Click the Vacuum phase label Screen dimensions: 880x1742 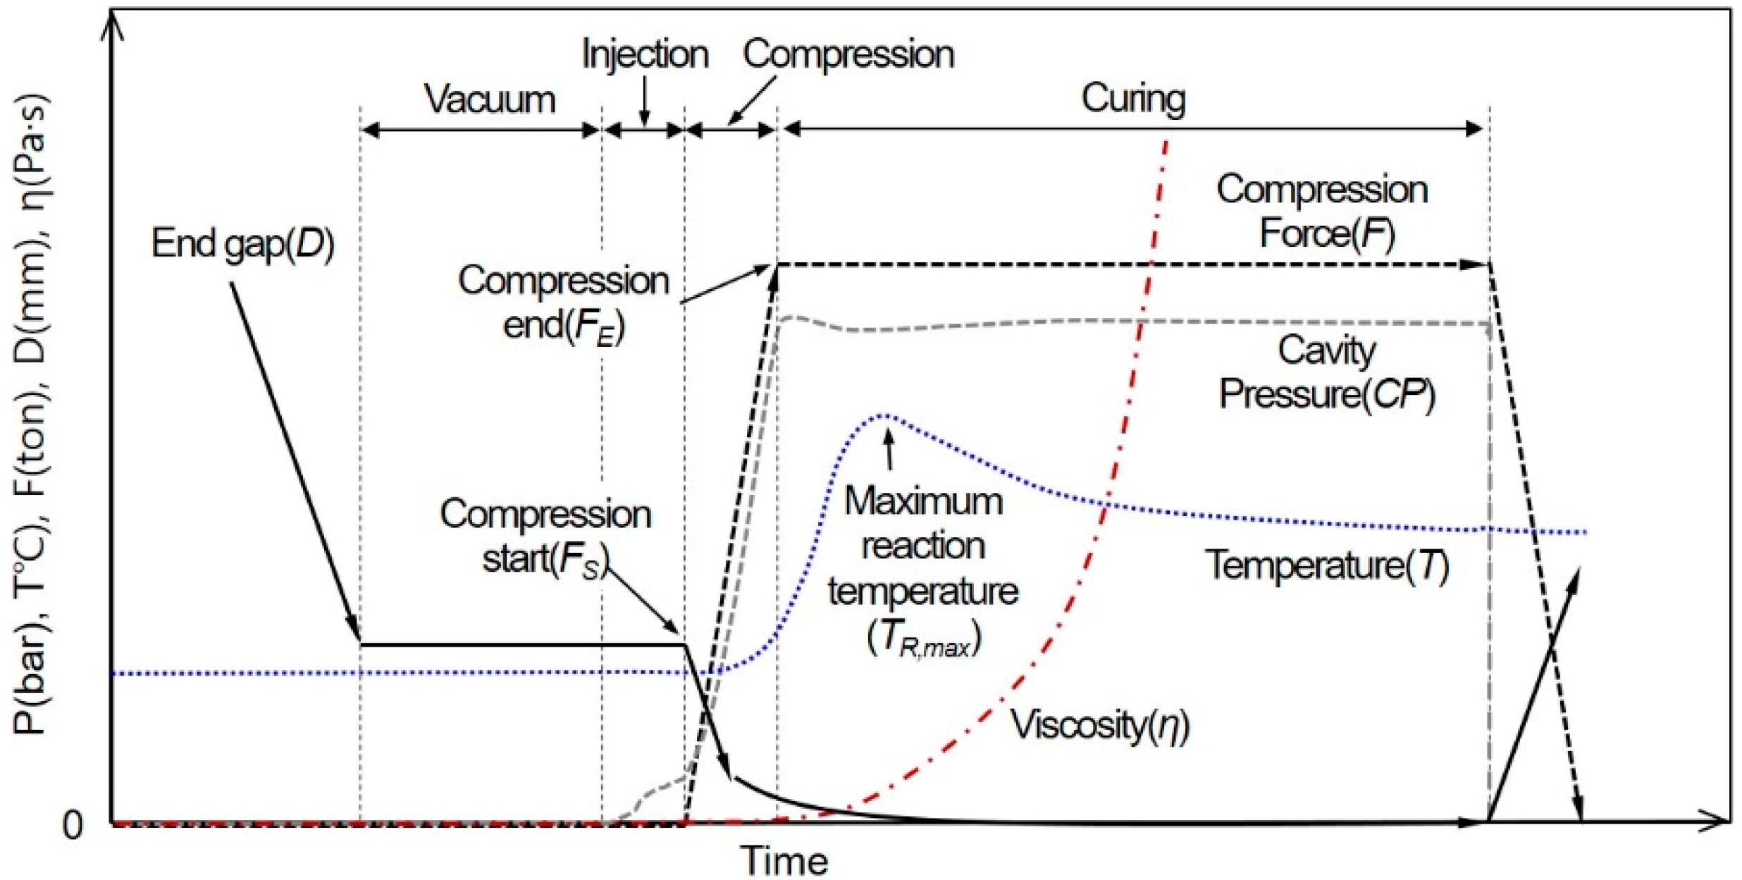(x=490, y=99)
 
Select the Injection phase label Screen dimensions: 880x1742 (x=645, y=54)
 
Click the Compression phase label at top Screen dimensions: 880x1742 (x=848, y=54)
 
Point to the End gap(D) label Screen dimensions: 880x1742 (x=242, y=244)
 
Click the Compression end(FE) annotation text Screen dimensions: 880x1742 (x=563, y=303)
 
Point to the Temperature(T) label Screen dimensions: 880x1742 (x=1326, y=566)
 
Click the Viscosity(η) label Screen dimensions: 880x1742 (x=1100, y=725)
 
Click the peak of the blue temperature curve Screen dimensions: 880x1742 (x=886, y=415)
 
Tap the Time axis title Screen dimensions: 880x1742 (x=784, y=861)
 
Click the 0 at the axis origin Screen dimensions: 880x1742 (x=72, y=824)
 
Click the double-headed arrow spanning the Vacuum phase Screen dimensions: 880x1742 (x=480, y=130)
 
